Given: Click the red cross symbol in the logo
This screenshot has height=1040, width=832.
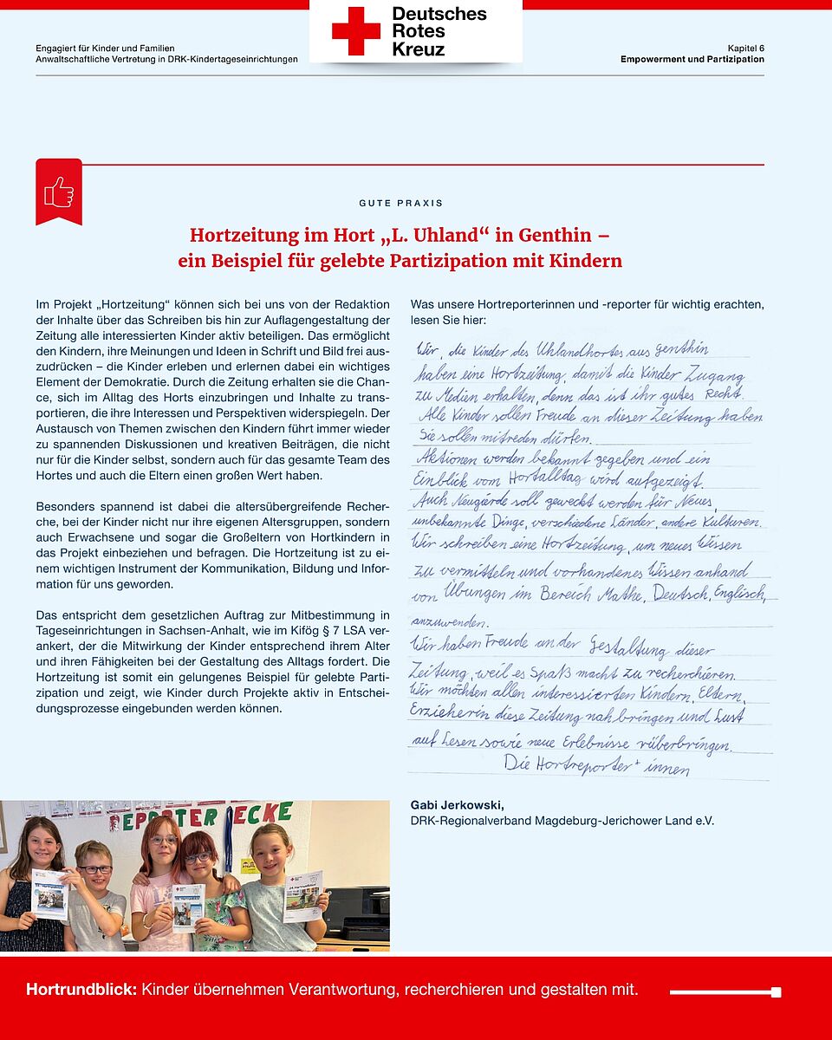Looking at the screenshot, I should [x=355, y=31].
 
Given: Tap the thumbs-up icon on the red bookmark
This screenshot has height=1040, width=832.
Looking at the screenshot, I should [x=59, y=192].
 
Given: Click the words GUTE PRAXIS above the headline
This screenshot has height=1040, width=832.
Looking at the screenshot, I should [x=400, y=203].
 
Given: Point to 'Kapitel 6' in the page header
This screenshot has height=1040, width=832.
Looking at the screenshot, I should [x=745, y=48].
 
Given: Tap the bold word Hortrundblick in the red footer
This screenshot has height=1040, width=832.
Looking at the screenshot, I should [x=81, y=990].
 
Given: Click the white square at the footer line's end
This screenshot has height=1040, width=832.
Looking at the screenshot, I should [x=776, y=992].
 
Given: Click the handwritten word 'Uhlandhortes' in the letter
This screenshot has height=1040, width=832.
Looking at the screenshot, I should [x=583, y=350].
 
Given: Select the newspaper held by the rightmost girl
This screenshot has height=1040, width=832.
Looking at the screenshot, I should [x=302, y=895].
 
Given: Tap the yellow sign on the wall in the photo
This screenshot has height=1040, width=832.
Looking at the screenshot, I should [x=249, y=865].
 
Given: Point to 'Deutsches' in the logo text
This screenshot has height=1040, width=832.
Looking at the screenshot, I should [x=439, y=14].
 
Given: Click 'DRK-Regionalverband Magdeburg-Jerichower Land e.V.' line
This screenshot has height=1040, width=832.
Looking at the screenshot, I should [x=562, y=820].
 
